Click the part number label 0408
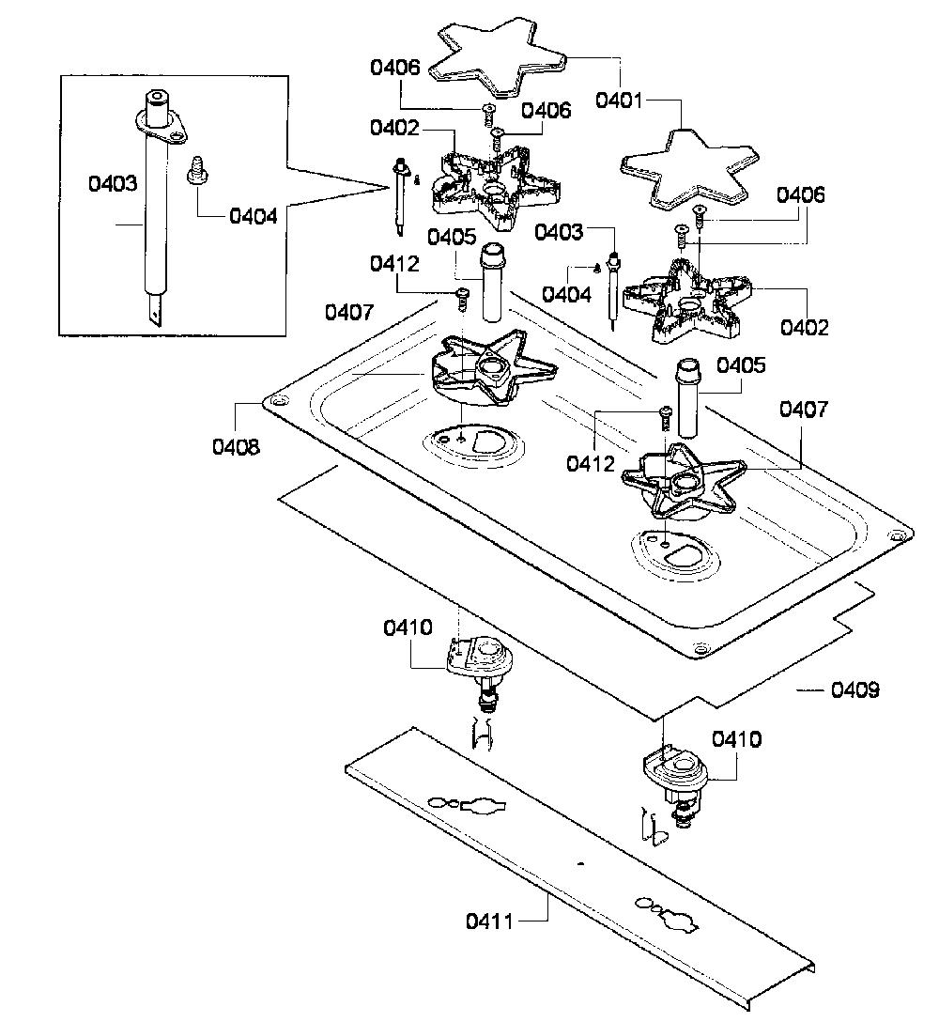tap(236, 446)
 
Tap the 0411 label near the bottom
tap(488, 921)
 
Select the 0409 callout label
tap(854, 689)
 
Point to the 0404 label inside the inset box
tap(254, 216)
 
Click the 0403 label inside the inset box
tap(113, 183)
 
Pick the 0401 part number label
tap(619, 101)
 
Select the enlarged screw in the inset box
tap(194, 171)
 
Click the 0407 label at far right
tap(804, 410)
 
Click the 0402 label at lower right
tap(804, 327)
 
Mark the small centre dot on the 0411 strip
tap(581, 864)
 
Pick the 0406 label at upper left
tap(395, 67)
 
